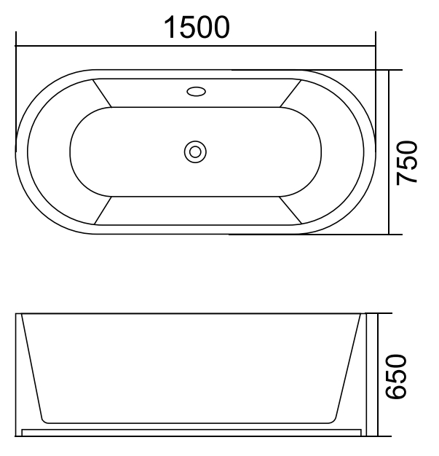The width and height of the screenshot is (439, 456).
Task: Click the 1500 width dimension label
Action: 196,27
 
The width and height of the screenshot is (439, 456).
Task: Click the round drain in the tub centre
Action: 195,152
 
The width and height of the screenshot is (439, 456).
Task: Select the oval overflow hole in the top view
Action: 196,92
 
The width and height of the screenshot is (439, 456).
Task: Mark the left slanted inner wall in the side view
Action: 32,368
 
